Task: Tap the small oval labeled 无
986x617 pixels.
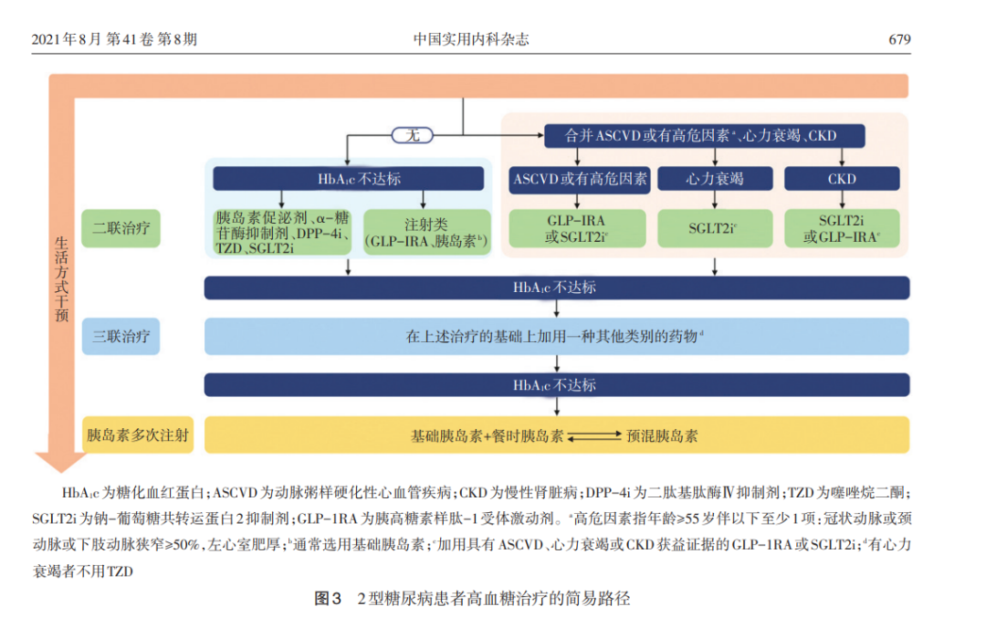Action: tap(412, 135)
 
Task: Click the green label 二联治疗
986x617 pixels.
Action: tap(121, 228)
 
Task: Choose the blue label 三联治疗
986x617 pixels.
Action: tap(121, 337)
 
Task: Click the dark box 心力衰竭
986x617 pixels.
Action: tap(715, 179)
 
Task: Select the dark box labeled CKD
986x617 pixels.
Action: tap(842, 179)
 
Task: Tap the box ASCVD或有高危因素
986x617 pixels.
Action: tap(580, 179)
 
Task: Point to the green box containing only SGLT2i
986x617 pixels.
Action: tap(715, 228)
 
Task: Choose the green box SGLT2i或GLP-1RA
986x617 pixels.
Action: tap(842, 228)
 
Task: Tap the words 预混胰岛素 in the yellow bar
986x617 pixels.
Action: tap(662, 436)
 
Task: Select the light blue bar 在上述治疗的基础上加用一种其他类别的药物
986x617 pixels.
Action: tap(556, 337)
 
